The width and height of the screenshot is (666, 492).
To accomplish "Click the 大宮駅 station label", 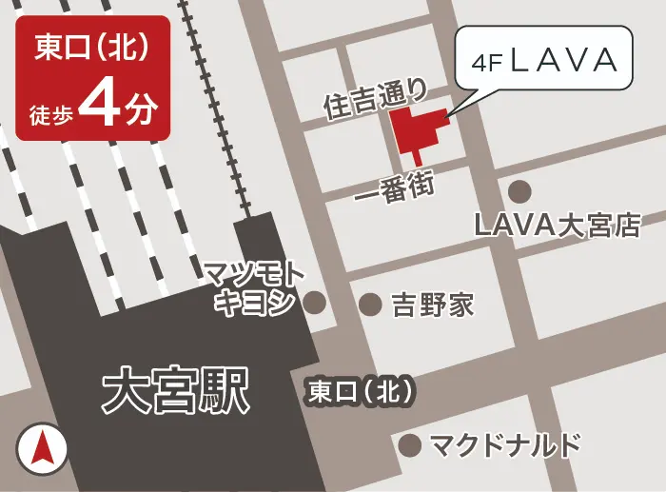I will pyautogui.click(x=175, y=391).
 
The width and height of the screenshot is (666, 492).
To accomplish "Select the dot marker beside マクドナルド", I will pyautogui.click(x=410, y=444).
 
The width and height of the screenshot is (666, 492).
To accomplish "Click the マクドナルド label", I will pyautogui.click(x=504, y=444).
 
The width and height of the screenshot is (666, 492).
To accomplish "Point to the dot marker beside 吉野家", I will pyautogui.click(x=369, y=304).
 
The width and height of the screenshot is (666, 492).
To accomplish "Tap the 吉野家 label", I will pyautogui.click(x=433, y=305).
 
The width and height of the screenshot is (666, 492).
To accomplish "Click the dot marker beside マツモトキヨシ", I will pyautogui.click(x=314, y=304).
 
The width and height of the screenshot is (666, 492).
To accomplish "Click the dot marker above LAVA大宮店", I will pyautogui.click(x=519, y=191).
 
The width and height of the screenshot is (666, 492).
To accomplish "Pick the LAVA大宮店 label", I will pyautogui.click(x=558, y=226).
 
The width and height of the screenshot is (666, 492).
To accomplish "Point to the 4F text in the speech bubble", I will pyautogui.click(x=488, y=65).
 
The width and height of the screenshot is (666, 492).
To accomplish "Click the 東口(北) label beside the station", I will pyautogui.click(x=361, y=391).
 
